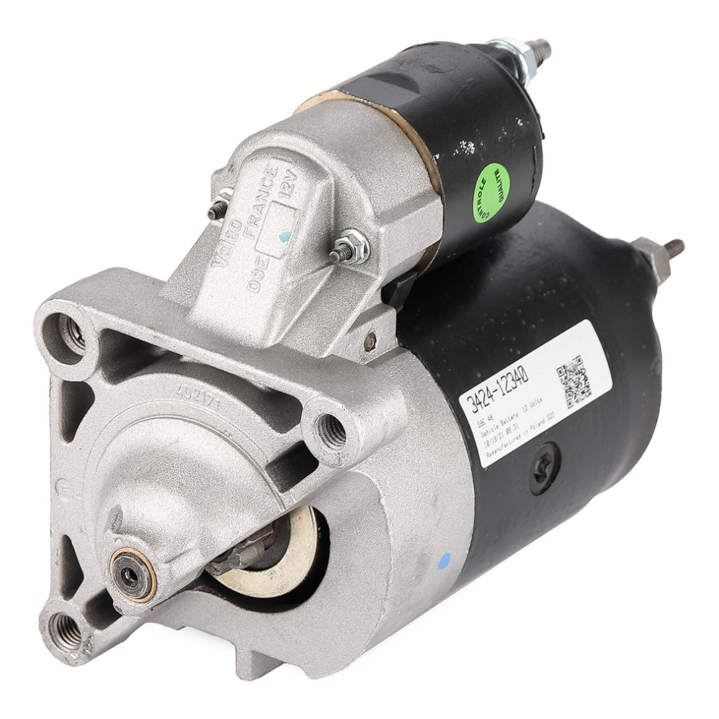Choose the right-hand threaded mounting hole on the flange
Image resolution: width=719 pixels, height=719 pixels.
tap(331, 430)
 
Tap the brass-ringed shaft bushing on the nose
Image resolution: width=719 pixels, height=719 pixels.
tap(132, 574)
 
